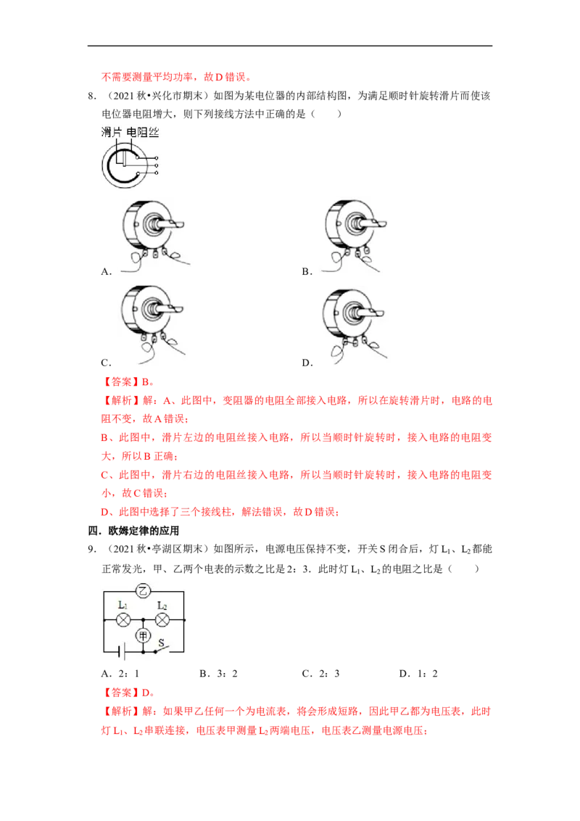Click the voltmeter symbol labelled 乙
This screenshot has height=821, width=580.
coord(143,591)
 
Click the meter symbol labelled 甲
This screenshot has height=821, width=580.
coord(143,635)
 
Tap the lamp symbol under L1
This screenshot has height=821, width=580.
coord(123,620)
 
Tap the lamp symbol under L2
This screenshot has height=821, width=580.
coord(162,620)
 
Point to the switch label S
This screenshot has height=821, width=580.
coord(161,643)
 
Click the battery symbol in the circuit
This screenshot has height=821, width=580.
coord(122,652)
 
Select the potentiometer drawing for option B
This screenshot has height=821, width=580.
coord(355,236)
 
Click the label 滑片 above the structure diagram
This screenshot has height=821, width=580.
coord(112,133)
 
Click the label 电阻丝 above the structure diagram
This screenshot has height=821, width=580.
coord(143,133)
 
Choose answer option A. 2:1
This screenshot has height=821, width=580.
coord(120,674)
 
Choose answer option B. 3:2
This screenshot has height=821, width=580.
coord(218,674)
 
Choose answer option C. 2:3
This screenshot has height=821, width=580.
coord(321,674)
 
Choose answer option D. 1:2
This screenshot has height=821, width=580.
coord(418,674)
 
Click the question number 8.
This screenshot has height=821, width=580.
coord(92,96)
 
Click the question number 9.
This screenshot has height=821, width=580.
coord(92,549)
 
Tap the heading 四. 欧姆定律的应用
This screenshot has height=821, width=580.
coord(133,531)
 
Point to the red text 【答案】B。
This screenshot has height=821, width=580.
coord(128,382)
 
